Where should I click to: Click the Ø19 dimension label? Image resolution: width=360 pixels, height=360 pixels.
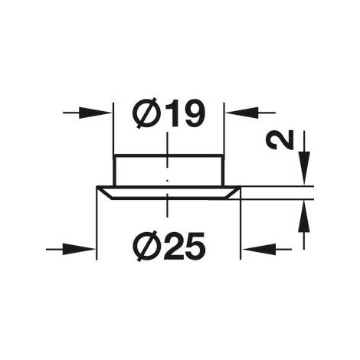tap(169, 113)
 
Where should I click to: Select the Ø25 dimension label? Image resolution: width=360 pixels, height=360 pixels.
tap(169, 247)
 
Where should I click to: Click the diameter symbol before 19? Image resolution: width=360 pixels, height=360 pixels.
tap(144, 113)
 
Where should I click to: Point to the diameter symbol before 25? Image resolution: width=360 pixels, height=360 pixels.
tap(144, 247)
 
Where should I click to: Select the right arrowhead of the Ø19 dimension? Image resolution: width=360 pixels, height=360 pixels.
tap(242, 113)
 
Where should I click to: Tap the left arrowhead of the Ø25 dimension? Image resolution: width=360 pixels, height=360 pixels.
tap(79, 249)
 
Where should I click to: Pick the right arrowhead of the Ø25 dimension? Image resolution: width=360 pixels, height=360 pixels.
tap(259, 248)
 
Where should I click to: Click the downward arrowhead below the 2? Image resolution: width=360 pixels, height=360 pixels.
tap(304, 168)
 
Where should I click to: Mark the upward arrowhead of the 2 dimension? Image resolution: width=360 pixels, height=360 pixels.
tap(304, 217)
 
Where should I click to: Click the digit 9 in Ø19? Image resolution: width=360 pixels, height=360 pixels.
tap(193, 113)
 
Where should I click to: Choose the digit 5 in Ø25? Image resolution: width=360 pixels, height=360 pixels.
tap(195, 247)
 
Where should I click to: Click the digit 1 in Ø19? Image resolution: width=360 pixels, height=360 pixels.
tap(171, 113)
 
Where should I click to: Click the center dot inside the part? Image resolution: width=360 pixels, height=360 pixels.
tap(167, 181)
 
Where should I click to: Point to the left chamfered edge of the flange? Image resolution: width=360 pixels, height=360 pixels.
tap(105, 193)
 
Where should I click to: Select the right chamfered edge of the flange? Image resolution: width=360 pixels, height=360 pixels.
tap(232, 192)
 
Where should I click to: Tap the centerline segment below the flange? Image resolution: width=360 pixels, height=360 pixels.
tap(167, 205)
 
